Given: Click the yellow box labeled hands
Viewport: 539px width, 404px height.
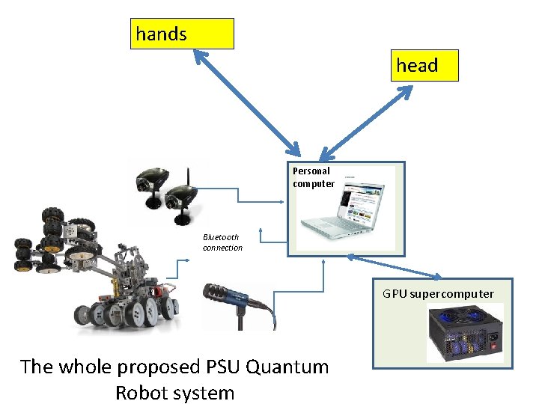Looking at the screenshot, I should pyautogui.click(x=182, y=34).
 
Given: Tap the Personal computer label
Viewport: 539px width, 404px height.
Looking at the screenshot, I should pyautogui.click(x=313, y=177).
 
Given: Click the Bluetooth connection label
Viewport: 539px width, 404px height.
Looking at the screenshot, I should pyautogui.click(x=222, y=242).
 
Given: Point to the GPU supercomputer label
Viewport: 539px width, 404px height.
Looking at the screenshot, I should pyautogui.click(x=438, y=294).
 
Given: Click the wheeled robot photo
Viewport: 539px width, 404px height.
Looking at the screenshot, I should pyautogui.click(x=97, y=269).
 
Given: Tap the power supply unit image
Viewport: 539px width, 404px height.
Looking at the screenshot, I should pyautogui.click(x=465, y=332).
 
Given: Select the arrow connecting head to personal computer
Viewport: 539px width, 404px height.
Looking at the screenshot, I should pyautogui.click(x=370, y=120).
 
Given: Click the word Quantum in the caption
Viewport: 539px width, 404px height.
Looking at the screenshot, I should pyautogui.click(x=287, y=367).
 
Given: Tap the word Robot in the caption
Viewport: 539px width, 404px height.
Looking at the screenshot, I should pyautogui.click(x=140, y=393).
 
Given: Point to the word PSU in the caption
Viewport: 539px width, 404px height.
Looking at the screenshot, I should pyautogui.click(x=222, y=367).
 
